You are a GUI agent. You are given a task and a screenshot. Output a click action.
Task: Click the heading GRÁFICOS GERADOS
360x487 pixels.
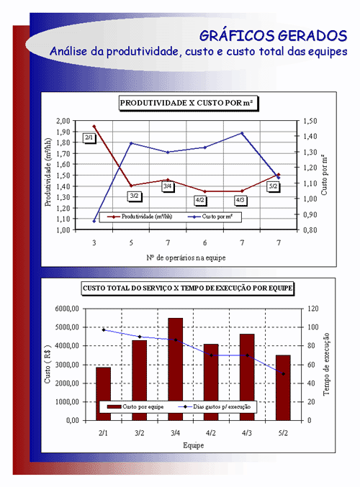[273, 36]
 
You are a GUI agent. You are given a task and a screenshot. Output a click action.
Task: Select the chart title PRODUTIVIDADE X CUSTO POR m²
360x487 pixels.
[186, 103]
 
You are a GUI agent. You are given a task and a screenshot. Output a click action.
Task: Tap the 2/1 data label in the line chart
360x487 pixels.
[89, 137]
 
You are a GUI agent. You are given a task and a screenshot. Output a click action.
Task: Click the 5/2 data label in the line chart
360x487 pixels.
[273, 186]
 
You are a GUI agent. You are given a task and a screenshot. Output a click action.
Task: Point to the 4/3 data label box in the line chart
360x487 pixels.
[240, 200]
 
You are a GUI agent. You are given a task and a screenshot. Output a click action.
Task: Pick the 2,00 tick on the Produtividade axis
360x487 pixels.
[63, 121]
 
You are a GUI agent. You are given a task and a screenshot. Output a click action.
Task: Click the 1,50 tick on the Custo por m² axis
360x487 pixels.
[310, 121]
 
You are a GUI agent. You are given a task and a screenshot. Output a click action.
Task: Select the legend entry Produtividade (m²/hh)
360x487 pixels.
[140, 217]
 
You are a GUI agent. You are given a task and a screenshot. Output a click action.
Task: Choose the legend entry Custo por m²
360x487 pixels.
[210, 217]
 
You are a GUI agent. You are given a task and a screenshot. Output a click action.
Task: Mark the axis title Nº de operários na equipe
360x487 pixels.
[186, 258]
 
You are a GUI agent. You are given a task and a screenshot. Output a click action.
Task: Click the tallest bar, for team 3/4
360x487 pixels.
[176, 369]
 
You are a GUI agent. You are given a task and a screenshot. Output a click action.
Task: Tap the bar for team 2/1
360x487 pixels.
[103, 393]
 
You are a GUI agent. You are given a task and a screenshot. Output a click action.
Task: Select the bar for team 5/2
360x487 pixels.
[283, 388]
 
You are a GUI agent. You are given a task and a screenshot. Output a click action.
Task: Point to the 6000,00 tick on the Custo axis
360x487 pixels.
[67, 309]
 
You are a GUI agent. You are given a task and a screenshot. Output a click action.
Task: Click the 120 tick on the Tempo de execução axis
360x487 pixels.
[313, 309]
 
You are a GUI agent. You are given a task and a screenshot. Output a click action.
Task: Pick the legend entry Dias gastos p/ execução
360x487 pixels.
[215, 406]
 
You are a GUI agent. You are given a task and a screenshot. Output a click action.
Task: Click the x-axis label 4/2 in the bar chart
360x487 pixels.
[211, 433]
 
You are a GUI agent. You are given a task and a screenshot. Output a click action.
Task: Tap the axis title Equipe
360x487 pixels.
[194, 445]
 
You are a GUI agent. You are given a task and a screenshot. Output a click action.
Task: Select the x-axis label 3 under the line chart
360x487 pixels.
[94, 242]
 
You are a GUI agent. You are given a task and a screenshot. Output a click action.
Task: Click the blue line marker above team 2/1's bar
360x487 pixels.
[104, 330]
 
